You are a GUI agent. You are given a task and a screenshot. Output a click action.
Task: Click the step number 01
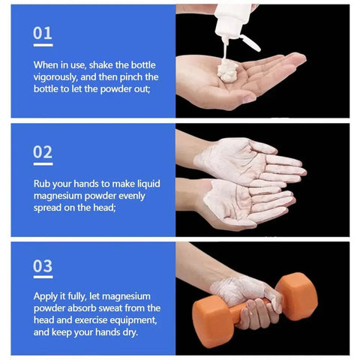click(x=43, y=33)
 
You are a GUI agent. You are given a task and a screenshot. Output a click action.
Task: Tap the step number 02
click(x=43, y=152)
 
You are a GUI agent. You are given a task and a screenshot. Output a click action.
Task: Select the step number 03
click(x=43, y=267)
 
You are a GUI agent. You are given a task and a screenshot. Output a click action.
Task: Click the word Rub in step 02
click(x=43, y=183)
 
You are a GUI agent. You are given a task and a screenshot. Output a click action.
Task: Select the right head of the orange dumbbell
click(x=295, y=295)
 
